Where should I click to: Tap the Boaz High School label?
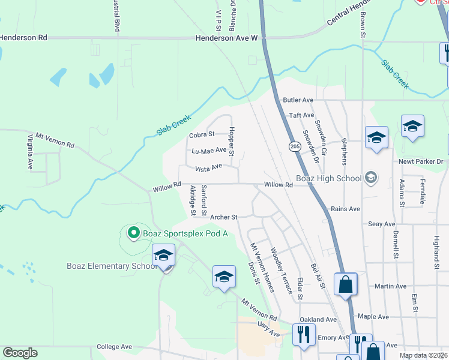(330, 178)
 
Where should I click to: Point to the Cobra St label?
(202, 135)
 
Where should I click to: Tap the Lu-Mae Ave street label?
(208, 151)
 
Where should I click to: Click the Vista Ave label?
(208, 167)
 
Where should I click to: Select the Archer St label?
(224, 217)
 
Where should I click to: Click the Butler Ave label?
(298, 100)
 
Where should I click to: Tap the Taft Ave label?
(301, 115)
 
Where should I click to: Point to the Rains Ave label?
(345, 209)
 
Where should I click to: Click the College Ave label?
(114, 347)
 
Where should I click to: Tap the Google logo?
(20, 353)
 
